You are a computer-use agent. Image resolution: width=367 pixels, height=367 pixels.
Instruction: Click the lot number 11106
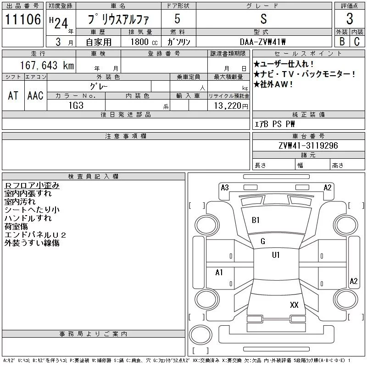coord(22,19)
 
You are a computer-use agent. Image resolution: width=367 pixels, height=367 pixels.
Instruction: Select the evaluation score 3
coord(350,19)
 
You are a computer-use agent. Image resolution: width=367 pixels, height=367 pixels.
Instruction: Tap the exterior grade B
coord(342,41)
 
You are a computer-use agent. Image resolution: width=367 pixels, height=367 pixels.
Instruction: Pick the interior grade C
coord(357,41)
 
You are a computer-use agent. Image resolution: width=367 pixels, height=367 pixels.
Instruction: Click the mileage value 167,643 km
coord(47,65)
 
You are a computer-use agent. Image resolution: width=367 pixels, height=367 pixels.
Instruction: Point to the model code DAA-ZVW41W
coord(262,42)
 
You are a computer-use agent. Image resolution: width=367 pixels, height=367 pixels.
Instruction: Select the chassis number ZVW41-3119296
coord(308,145)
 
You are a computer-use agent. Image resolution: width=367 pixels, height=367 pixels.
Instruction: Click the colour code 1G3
coord(76,106)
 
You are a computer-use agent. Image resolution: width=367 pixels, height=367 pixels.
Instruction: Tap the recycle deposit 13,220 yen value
coord(231,106)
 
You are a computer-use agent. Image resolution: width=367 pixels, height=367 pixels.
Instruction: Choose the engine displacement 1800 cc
coord(144,42)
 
